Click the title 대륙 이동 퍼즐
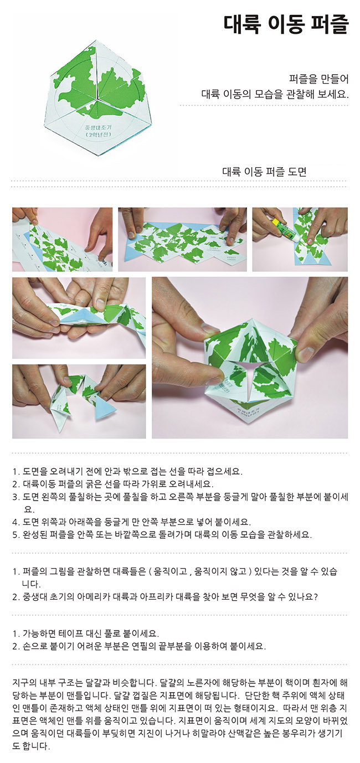click(286, 24)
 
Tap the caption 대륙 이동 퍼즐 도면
click(264, 172)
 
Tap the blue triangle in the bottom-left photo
click(105, 406)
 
